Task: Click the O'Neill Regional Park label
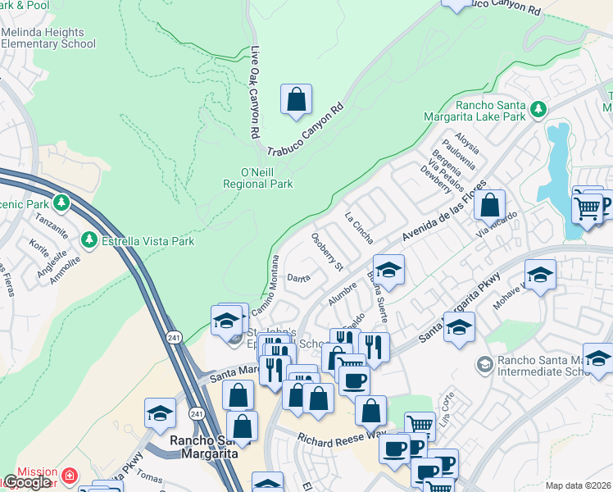click(x=257, y=178)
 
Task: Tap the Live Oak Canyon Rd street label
click(x=255, y=91)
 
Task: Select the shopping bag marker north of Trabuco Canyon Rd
click(x=296, y=99)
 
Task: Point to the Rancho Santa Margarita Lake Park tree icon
click(x=538, y=109)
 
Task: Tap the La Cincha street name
click(x=359, y=228)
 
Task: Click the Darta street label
click(x=299, y=278)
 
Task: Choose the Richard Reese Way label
click(x=342, y=440)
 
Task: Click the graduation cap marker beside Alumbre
click(x=389, y=271)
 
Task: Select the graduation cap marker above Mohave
click(x=540, y=276)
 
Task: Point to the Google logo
click(x=27, y=482)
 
